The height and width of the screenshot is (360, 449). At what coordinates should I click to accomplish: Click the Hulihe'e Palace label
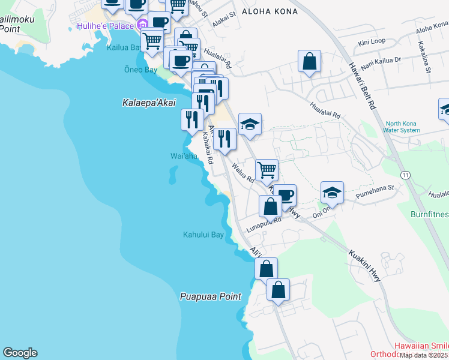point(106,26)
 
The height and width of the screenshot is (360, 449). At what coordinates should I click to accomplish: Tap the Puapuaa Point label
point(211,296)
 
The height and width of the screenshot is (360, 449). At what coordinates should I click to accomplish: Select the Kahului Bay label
point(203,235)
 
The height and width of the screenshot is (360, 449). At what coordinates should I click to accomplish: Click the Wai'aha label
point(184,157)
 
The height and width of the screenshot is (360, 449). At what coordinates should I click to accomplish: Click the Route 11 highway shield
point(406,175)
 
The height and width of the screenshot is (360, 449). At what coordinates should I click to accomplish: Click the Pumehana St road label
point(374,188)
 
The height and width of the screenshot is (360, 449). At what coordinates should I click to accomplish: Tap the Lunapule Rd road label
point(262,221)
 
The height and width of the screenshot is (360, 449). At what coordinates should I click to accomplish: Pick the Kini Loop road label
point(371,43)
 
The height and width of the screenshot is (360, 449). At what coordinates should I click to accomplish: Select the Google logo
point(20,353)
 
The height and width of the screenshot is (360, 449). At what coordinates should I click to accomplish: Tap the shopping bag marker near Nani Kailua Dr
point(309,61)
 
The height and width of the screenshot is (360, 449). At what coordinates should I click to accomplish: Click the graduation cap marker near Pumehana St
point(332,193)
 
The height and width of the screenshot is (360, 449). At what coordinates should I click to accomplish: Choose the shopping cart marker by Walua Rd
point(266,170)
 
